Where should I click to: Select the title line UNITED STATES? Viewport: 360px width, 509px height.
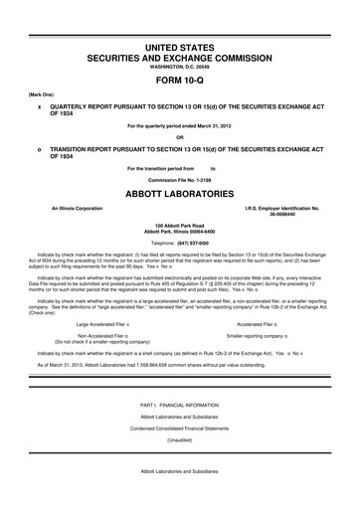(180, 48)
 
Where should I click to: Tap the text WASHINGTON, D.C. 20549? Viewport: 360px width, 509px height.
(180, 68)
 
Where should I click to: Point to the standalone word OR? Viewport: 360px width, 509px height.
(180, 137)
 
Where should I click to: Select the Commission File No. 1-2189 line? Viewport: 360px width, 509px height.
(180, 179)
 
